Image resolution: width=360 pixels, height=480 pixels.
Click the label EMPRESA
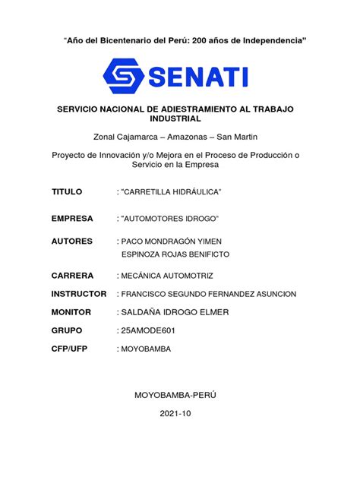72,219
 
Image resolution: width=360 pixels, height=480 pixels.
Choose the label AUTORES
72,241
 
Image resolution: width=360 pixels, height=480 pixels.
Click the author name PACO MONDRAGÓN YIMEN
174,241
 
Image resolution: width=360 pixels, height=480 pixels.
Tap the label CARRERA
72,275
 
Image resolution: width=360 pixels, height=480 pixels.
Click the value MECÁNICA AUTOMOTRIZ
172,275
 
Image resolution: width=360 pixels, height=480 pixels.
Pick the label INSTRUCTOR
79,293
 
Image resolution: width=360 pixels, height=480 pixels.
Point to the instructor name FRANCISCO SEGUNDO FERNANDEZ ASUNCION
207,293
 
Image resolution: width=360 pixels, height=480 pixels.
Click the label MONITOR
71,312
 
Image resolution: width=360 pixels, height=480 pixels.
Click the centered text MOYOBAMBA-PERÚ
179,396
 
